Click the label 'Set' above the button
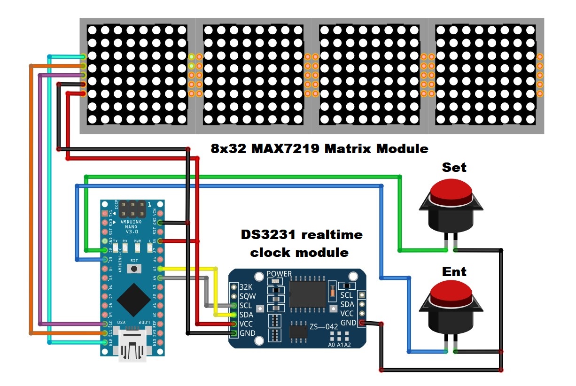pos(454,168)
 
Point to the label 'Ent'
pos(454,271)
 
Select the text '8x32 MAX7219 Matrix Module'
pos(319,149)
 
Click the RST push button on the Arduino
pos(135,268)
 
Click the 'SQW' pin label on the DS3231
pos(247,296)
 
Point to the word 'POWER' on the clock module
pos(279,274)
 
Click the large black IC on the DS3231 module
pos(308,294)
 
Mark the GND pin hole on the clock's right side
pos(362,323)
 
